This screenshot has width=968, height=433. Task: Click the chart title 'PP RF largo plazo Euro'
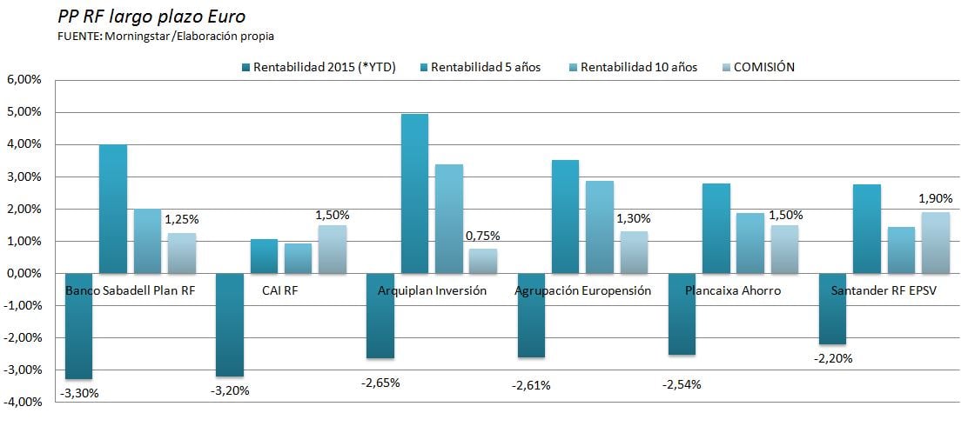click(138, 17)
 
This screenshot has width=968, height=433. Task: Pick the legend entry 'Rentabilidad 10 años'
click(638, 68)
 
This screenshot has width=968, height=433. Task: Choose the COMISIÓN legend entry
click(764, 68)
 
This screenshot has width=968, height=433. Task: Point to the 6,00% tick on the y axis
click(24, 79)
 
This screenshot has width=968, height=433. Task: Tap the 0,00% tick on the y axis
click(24, 273)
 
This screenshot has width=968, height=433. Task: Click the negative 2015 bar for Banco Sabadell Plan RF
click(79, 327)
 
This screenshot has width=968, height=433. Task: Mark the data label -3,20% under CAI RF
click(230, 390)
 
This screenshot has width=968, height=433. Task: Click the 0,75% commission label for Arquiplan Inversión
click(482, 235)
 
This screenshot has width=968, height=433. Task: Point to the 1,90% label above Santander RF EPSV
click(935, 198)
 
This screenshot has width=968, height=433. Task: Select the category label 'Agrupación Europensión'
click(582, 290)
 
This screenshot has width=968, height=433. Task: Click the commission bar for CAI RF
click(332, 250)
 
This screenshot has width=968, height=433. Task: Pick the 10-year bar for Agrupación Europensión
click(599, 227)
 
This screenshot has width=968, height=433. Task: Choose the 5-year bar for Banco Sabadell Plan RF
click(113, 209)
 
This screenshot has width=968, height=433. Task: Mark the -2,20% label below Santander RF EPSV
click(833, 358)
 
